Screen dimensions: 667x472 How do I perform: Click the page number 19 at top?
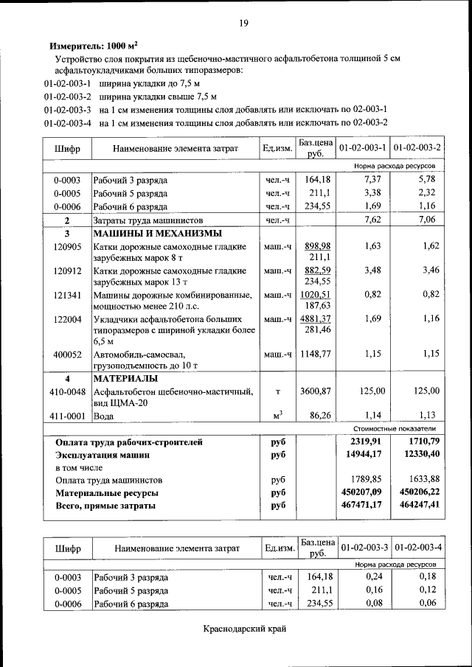point(243,24)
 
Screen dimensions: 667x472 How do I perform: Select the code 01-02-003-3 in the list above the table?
point(67,109)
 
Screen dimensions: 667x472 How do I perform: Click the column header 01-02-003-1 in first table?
point(364,148)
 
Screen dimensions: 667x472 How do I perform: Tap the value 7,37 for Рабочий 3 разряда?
point(372,179)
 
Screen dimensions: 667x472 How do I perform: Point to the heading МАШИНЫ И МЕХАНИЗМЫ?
point(156,233)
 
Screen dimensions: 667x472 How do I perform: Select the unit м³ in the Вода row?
point(278,415)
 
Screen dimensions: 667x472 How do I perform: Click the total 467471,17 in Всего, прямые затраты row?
point(361,506)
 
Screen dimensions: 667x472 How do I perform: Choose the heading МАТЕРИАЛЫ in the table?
point(125,378)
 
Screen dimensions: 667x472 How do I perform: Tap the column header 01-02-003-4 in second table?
point(418,548)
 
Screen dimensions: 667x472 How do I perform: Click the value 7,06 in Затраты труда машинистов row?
point(427,220)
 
